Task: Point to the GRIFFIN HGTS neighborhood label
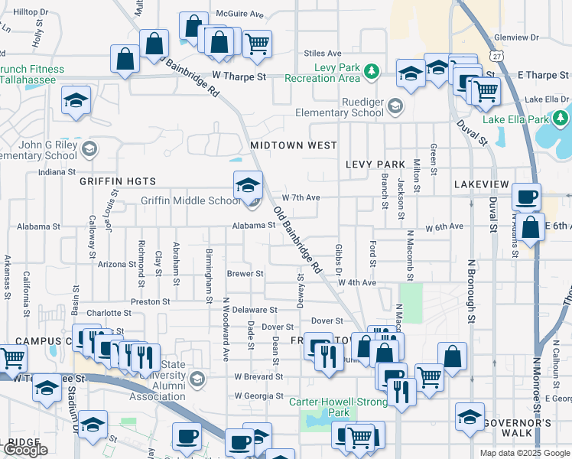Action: pyautogui.click(x=118, y=181)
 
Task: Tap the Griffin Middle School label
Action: pyautogui.click(x=190, y=201)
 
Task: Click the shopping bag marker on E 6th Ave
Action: pyautogui.click(x=530, y=227)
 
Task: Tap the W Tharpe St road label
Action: pyautogui.click(x=239, y=76)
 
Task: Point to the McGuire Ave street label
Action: pyautogui.click(x=239, y=14)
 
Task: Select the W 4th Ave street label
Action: pyautogui.click(x=357, y=282)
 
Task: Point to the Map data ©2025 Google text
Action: pyautogui.click(x=524, y=453)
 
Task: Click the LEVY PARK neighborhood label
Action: pyautogui.click(x=375, y=164)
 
